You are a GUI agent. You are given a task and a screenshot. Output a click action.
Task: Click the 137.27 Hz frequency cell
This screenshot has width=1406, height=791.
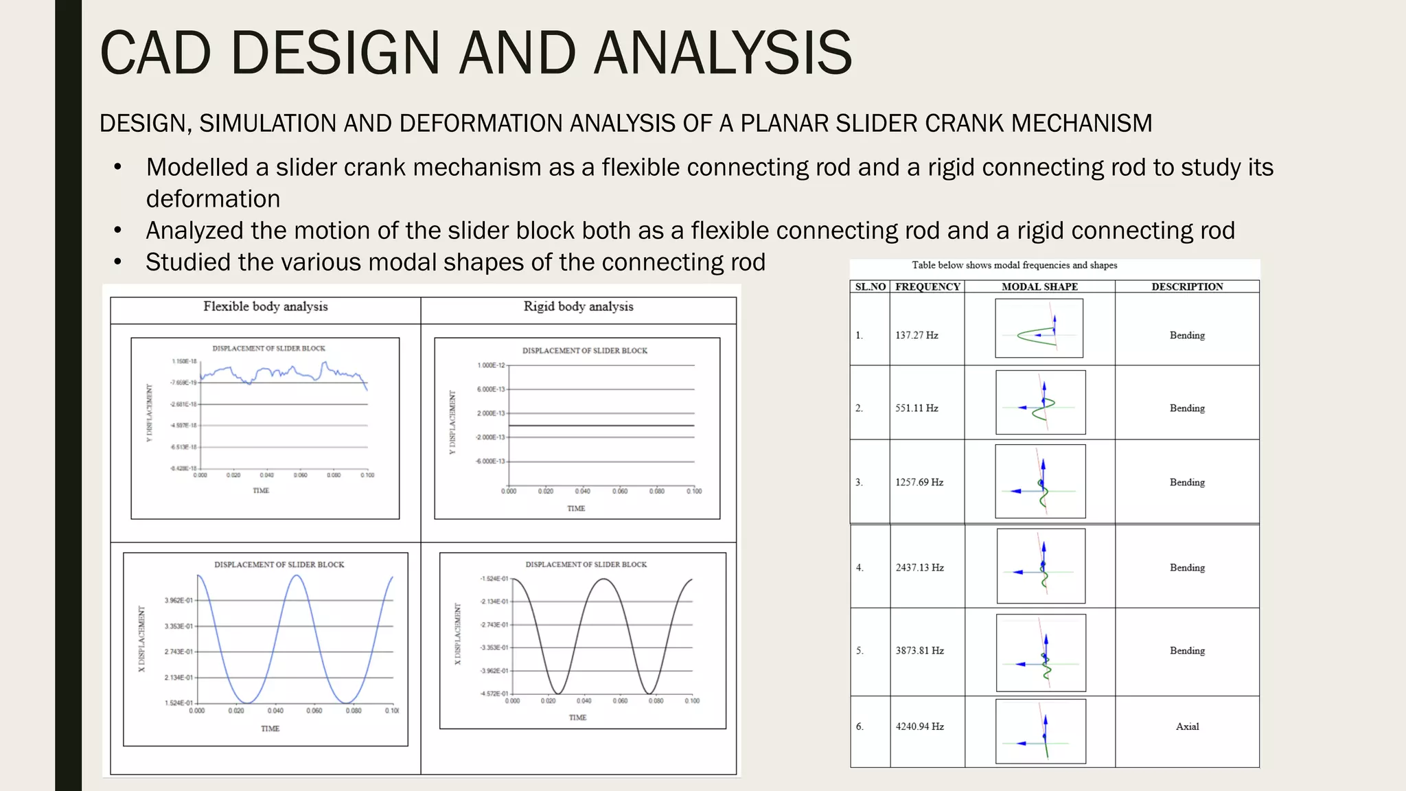(x=917, y=335)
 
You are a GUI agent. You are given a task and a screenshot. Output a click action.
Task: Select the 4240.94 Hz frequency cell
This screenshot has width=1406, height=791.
(x=919, y=726)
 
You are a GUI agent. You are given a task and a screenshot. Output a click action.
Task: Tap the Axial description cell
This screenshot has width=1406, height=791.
(x=1187, y=726)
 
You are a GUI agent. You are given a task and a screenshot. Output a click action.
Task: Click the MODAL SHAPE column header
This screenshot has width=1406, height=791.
(x=1039, y=287)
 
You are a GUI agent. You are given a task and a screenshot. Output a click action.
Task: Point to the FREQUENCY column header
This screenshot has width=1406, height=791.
(x=927, y=287)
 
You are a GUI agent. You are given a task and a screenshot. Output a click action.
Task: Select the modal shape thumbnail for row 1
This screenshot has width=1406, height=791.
(x=1039, y=328)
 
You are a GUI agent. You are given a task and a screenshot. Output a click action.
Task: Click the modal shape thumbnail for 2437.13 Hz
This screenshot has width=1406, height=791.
(x=1041, y=566)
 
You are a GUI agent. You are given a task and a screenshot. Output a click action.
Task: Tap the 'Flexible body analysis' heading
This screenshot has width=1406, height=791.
(x=265, y=306)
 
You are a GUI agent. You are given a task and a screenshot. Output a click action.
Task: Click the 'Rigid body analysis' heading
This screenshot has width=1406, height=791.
(x=578, y=306)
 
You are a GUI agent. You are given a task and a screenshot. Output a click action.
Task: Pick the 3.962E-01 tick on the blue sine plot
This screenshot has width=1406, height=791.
(x=178, y=601)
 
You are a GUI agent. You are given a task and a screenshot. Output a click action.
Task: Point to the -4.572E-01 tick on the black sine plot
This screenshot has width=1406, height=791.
(x=494, y=694)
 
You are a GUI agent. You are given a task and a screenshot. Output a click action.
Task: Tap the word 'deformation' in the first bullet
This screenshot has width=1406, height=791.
(x=213, y=199)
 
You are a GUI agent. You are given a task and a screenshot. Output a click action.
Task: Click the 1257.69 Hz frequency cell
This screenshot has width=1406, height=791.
(x=919, y=482)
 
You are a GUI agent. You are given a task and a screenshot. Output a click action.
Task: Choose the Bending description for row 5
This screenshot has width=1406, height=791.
(x=1187, y=650)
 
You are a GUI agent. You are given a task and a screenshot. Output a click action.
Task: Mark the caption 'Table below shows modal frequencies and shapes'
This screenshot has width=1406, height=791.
(x=1014, y=265)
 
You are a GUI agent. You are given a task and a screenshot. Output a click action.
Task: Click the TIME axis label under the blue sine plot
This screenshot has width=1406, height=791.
(x=270, y=729)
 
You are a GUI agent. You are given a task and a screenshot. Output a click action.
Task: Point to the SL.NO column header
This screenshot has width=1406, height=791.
(x=870, y=287)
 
